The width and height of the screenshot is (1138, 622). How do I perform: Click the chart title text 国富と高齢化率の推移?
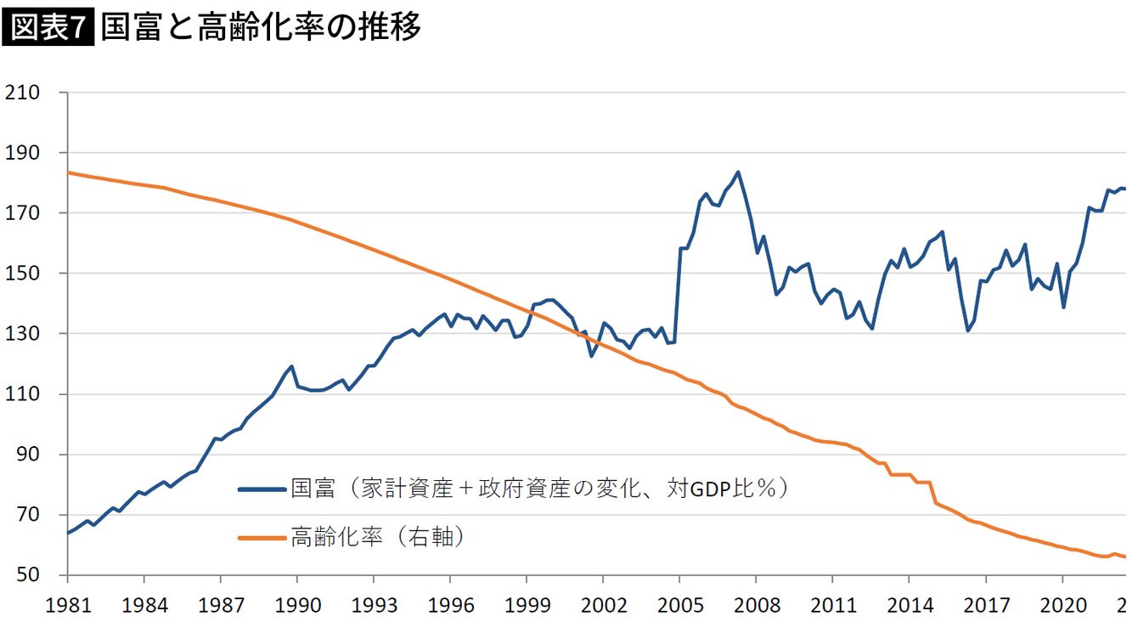(x=260, y=29)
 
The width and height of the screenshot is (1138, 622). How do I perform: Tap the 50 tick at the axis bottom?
(x=27, y=575)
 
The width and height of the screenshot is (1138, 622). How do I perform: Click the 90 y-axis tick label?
(x=27, y=455)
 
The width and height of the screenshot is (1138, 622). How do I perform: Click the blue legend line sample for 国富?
(x=262, y=489)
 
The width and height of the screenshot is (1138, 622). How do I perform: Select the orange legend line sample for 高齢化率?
(x=262, y=537)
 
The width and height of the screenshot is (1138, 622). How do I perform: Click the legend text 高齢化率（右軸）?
(x=379, y=537)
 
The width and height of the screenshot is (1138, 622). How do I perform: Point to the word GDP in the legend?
(x=711, y=490)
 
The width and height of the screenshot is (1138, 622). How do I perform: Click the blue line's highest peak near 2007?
(x=737, y=172)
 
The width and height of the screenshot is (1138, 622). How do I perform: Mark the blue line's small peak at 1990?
(x=292, y=366)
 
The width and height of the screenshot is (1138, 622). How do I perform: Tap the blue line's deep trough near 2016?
(x=967, y=331)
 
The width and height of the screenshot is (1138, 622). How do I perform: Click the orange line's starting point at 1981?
(x=68, y=172)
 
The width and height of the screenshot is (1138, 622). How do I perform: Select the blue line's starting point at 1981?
(x=68, y=533)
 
